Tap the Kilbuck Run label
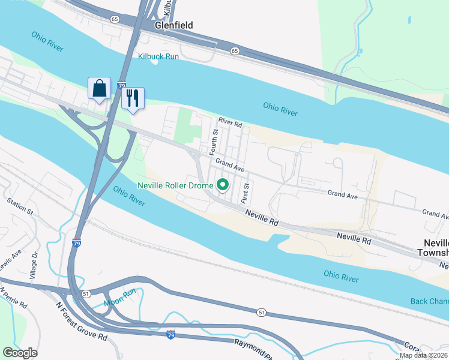[159, 56]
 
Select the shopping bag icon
[98, 88]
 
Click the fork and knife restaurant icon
[133, 97]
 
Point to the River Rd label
[230, 123]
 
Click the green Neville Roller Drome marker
[223, 185]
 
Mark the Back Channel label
[429, 301]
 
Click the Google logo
[20, 353]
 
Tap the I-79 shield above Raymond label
[171, 332]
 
